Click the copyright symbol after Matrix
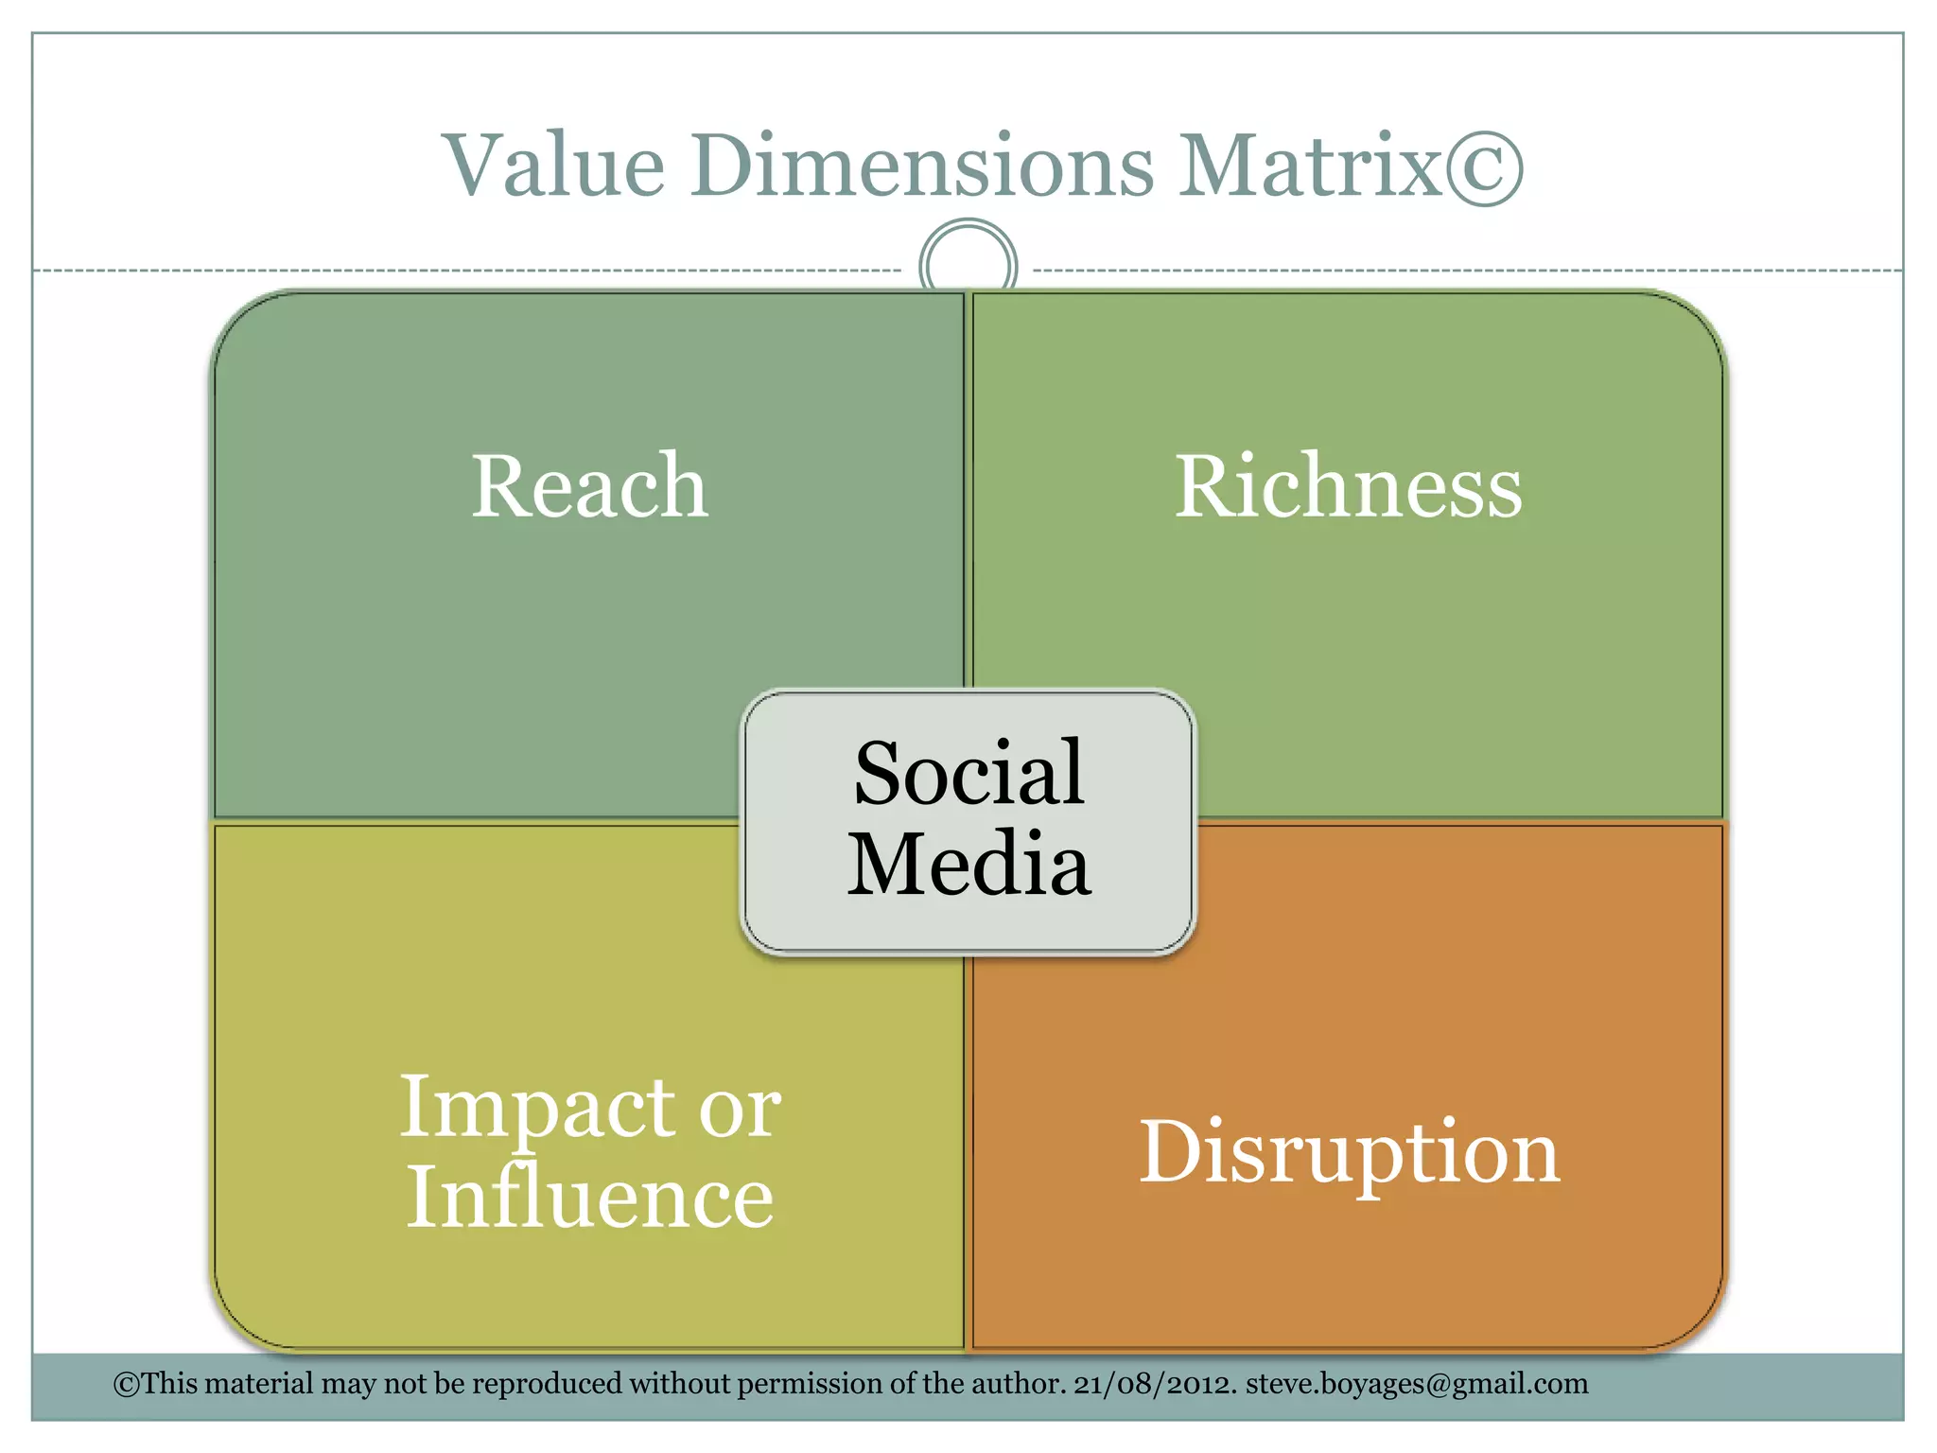click(1484, 167)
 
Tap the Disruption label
click(1349, 1153)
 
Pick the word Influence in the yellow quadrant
click(589, 1198)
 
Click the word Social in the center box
click(968, 773)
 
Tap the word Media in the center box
click(968, 864)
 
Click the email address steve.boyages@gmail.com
click(1417, 1384)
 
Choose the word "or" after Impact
click(740, 1109)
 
